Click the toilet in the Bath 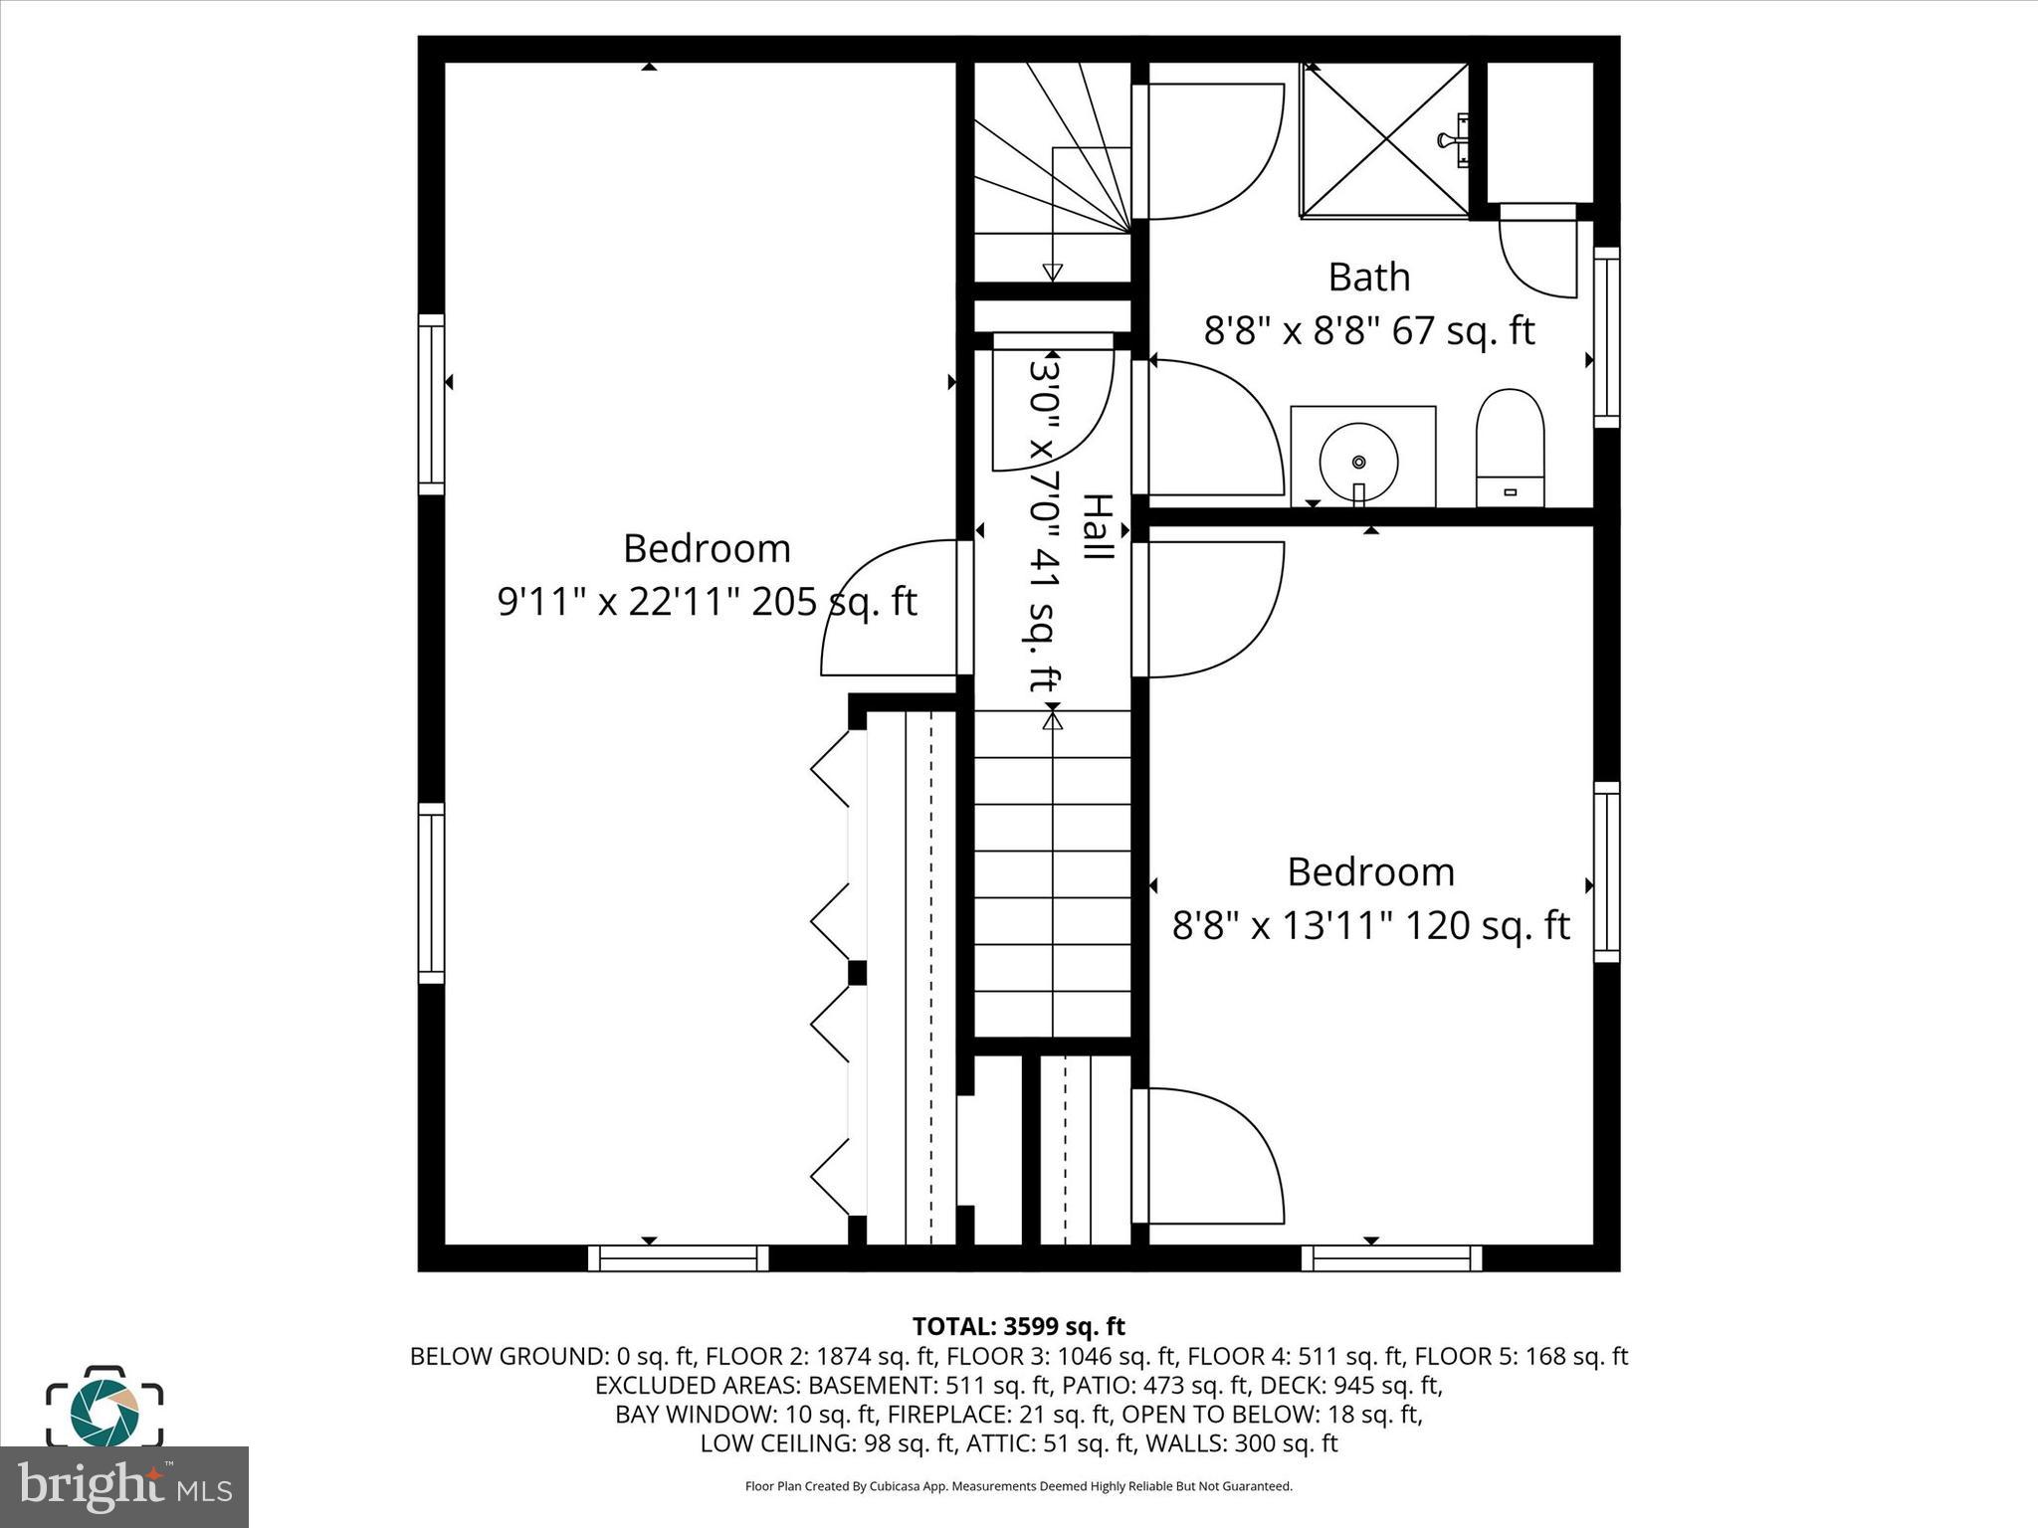coord(1510,448)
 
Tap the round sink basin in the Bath coord(1358,461)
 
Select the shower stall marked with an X coord(1384,139)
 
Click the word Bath coord(1368,277)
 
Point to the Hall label coord(1097,526)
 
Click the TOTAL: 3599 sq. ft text coord(1018,1326)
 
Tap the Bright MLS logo coord(124,1487)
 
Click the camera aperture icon coord(104,1407)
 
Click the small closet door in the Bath coord(1537,254)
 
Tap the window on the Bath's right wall coord(1606,337)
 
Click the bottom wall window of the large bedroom coord(678,1258)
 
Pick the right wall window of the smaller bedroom coord(1606,871)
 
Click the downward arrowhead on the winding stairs coord(1052,272)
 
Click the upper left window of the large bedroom coord(431,404)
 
